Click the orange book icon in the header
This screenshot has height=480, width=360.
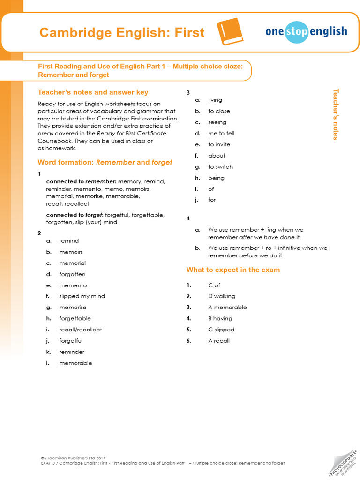[231, 32]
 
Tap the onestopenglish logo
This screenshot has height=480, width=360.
[306, 31]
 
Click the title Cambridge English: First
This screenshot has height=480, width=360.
[122, 33]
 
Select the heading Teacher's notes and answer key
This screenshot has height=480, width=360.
[93, 92]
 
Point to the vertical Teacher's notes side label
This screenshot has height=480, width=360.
[335, 114]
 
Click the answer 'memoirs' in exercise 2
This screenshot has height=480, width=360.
[71, 252]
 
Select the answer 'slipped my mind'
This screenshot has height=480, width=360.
[82, 296]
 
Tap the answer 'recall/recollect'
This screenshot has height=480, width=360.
[80, 330]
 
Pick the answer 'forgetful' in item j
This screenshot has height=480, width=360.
[71, 341]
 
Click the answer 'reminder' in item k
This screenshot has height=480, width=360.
[72, 352]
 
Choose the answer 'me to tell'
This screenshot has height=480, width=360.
[221, 133]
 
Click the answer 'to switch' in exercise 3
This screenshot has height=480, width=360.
[220, 167]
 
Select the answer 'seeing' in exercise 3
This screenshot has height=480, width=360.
[217, 122]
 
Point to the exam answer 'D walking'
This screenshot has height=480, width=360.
[222, 296]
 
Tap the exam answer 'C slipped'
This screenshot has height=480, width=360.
[221, 330]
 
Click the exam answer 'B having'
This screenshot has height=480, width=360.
[220, 319]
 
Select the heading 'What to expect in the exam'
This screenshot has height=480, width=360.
[233, 270]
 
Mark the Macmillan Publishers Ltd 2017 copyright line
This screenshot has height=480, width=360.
[73, 457]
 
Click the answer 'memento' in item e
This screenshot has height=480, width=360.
[73, 285]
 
